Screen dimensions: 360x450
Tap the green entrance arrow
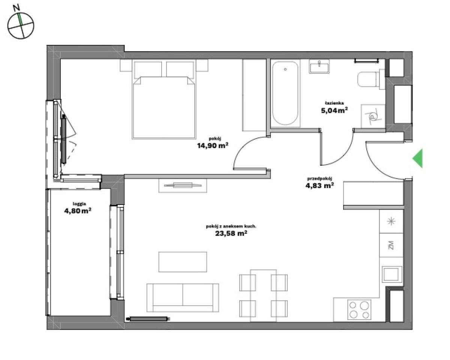click(418, 158)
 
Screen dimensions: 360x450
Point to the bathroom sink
click(320, 66)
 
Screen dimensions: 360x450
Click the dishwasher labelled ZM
click(391, 246)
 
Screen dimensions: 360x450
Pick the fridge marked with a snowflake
click(391, 221)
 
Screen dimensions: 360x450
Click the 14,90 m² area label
click(213, 146)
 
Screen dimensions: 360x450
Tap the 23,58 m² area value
click(231, 233)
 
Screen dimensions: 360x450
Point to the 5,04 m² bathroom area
click(334, 110)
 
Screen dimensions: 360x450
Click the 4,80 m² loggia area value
click(78, 211)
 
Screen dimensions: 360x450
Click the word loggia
click(79, 204)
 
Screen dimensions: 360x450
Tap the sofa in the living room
click(183, 297)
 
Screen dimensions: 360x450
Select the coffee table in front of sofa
click(183, 261)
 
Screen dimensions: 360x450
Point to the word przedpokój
click(320, 178)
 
